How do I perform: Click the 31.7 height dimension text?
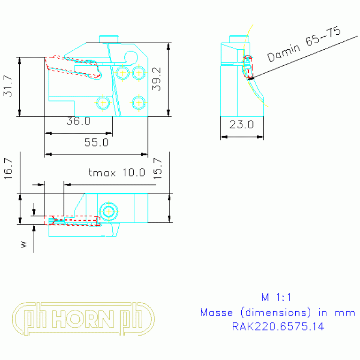pos(8,86)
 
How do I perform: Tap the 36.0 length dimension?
pos(78,121)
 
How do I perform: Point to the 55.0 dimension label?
pos(96,142)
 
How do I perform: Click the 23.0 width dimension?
pos(242,125)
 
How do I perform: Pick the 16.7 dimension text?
pos(8,167)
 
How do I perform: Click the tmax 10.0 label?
pos(117,172)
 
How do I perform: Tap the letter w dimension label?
pos(24,244)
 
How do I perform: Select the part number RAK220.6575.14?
pos(278,326)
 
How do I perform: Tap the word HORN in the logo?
pos(84,319)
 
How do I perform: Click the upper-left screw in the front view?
pos(123,73)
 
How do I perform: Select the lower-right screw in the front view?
pos(138,102)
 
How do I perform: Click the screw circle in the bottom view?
pos(109,211)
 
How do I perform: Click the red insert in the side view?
pos(248,67)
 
